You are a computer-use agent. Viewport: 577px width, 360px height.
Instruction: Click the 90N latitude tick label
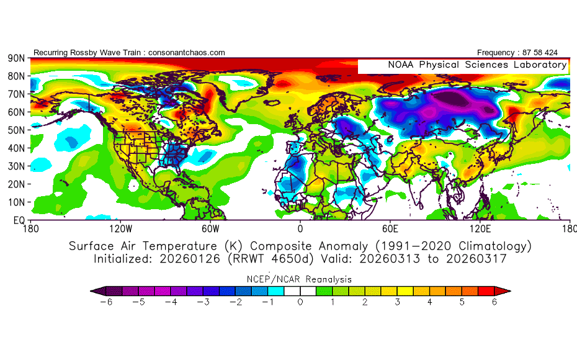click(x=16, y=58)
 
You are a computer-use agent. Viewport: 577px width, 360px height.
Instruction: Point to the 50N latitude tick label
click(x=16, y=130)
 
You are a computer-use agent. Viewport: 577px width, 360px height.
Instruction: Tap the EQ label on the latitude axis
click(x=19, y=220)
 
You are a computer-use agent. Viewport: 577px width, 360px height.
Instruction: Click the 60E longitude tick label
click(x=390, y=228)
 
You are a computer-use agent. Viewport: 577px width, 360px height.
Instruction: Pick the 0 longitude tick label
click(x=300, y=228)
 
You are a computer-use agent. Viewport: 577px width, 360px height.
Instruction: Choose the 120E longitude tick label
click(x=481, y=228)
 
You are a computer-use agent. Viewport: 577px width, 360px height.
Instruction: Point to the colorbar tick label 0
click(x=300, y=302)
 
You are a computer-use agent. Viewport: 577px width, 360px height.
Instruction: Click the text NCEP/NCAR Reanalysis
click(x=300, y=279)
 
